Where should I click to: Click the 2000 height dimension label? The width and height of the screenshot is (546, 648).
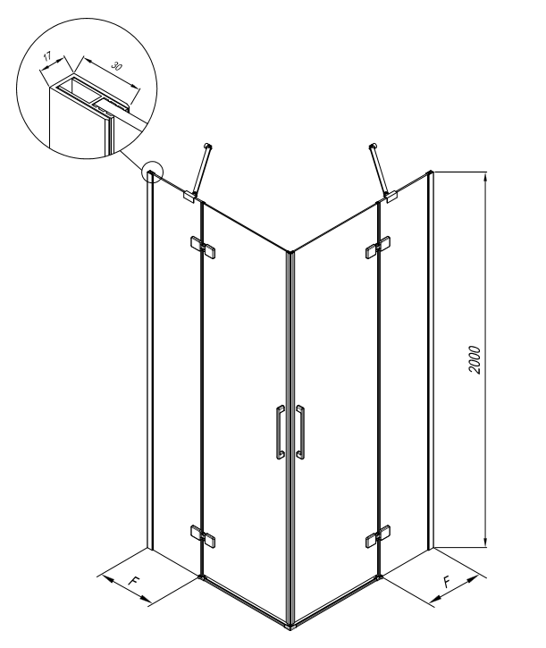[475, 360]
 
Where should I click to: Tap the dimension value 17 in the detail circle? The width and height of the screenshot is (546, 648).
[47, 55]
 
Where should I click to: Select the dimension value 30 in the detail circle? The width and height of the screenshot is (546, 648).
[117, 66]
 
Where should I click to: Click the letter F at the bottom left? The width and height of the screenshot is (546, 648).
[133, 581]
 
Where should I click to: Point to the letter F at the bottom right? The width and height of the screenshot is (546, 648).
[447, 582]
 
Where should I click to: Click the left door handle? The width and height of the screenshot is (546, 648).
[280, 433]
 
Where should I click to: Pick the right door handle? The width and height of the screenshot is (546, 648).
[300, 433]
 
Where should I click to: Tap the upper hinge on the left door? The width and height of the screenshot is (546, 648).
[203, 247]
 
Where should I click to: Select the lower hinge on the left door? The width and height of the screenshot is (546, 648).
[203, 535]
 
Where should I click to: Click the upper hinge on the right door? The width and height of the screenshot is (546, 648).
[378, 247]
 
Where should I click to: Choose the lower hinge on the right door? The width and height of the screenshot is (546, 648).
[378, 536]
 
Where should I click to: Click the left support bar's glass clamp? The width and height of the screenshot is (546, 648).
[189, 196]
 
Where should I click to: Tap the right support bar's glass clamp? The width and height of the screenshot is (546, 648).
[391, 197]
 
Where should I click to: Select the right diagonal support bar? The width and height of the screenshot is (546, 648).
[379, 169]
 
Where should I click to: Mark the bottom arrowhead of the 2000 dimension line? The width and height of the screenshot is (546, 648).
[486, 543]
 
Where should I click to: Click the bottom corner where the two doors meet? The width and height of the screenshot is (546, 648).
[290, 627]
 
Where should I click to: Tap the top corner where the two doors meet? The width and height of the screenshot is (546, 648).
[290, 252]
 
